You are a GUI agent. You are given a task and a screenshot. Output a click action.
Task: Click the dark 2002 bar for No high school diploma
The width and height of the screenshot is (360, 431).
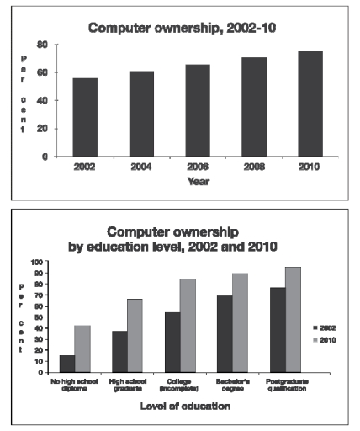point(66,364)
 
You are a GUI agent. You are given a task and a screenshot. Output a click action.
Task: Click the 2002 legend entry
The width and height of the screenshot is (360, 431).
point(324,327)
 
